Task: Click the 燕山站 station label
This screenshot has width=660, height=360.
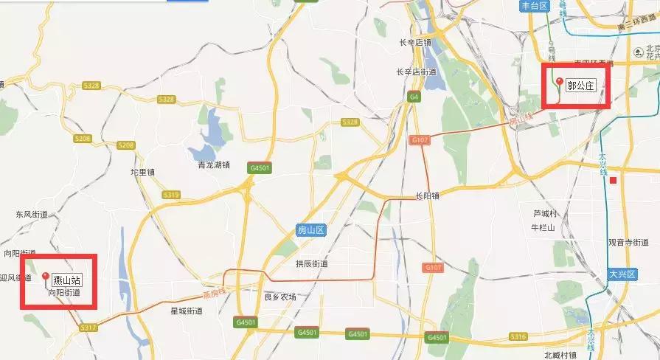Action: click(x=66, y=280)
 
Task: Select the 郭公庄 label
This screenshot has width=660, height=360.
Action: click(x=580, y=86)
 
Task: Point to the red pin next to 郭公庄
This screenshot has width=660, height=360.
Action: click(x=560, y=83)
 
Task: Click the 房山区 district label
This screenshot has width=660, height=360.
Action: click(x=310, y=230)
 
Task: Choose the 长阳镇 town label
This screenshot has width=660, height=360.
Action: click(x=427, y=195)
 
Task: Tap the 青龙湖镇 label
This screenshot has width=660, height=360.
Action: click(x=209, y=165)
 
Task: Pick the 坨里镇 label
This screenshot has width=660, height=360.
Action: click(x=142, y=172)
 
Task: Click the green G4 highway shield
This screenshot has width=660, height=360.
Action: click(x=414, y=96)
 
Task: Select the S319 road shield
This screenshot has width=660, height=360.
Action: click(x=171, y=195)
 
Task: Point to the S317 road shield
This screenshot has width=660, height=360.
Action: click(x=88, y=327)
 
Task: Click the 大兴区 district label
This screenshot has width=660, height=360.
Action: click(x=622, y=274)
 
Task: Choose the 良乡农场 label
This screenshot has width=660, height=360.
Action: click(x=279, y=297)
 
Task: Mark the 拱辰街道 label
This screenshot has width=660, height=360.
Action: click(x=311, y=263)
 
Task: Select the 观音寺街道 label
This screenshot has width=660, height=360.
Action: click(x=628, y=242)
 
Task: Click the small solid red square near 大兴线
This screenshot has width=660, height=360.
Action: click(x=613, y=179)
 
